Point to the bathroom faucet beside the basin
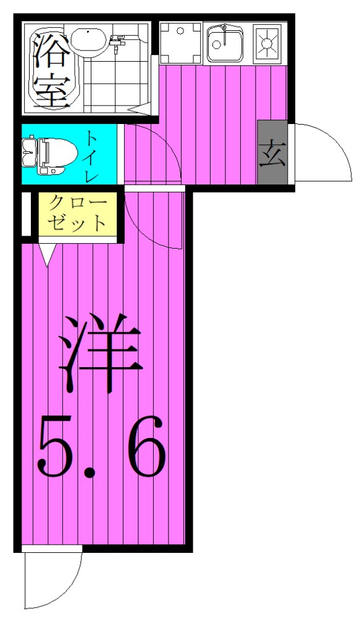[x=117, y=41]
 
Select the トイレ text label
[x=91, y=155]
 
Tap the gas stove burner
[x=268, y=42]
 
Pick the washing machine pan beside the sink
[x=181, y=43]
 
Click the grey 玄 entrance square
[x=272, y=153]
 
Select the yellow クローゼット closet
[x=77, y=213]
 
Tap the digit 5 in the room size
[x=56, y=448]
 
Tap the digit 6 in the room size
[x=146, y=448]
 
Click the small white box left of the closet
[x=26, y=215]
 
